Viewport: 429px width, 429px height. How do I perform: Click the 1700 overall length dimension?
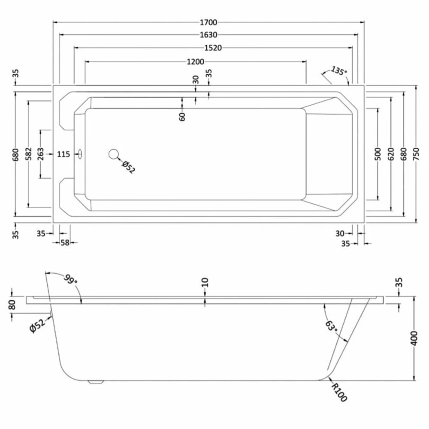point(208,22)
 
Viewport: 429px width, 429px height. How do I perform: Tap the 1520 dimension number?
point(213,48)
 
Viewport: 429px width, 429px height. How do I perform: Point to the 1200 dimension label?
point(195,62)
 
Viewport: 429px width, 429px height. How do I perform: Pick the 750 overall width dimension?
point(416,153)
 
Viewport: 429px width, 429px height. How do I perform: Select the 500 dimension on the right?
point(378,154)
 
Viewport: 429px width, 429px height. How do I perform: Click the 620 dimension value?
point(391,154)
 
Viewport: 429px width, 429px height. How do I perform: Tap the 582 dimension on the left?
point(28,153)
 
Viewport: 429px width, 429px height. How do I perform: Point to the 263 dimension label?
point(41,153)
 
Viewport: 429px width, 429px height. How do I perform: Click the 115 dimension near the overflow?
point(63,154)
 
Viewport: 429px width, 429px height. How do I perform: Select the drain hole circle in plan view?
point(114,154)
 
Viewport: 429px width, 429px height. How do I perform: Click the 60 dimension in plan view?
point(182,116)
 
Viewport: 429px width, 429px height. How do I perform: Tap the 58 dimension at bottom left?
point(64,243)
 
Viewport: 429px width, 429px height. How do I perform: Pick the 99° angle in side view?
point(71,279)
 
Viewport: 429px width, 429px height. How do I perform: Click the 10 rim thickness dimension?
point(205,282)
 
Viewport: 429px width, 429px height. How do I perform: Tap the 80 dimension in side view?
point(12,305)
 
